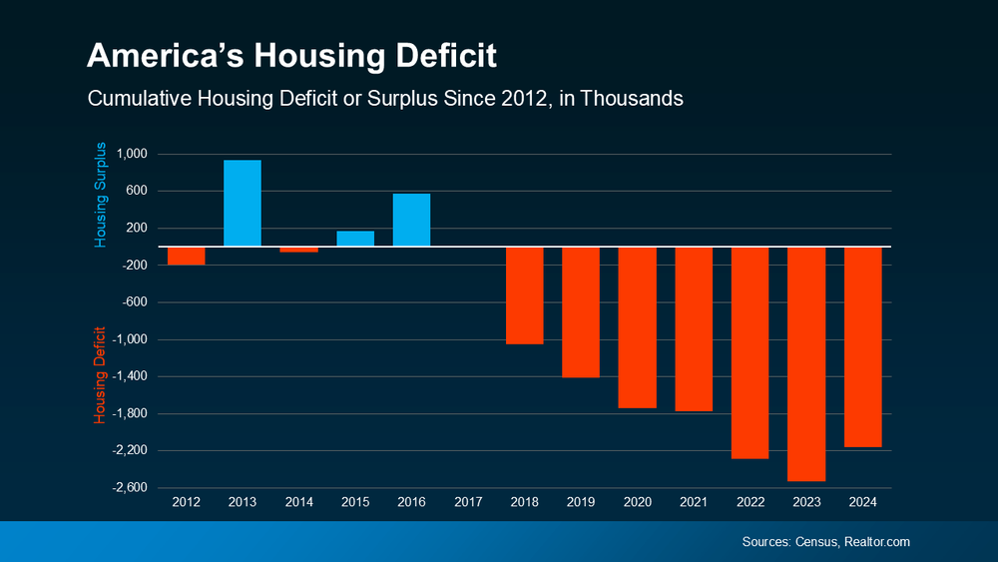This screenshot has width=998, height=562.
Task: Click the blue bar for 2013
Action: [243, 204]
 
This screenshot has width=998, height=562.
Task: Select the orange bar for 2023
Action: [806, 364]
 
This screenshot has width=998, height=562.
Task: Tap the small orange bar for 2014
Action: [298, 250]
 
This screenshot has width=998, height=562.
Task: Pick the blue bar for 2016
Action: [411, 220]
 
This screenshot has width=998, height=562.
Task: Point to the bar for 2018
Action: [524, 295]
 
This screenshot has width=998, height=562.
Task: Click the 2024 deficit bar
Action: [863, 346]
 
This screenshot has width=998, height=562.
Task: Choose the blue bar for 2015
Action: [355, 239]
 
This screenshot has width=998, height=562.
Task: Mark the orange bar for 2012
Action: [186, 256]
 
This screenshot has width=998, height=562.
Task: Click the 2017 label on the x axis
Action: [468, 501]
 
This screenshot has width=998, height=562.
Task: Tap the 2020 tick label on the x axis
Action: [637, 501]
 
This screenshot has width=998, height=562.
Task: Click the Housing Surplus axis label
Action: [100, 195]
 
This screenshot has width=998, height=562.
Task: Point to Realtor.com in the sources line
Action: [877, 541]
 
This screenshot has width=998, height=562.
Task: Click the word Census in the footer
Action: [816, 541]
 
